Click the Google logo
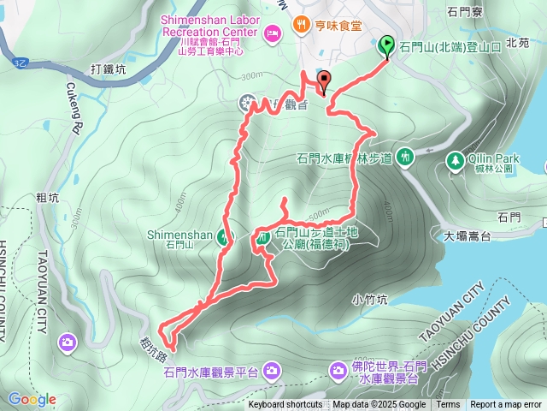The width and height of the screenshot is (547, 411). [32, 399]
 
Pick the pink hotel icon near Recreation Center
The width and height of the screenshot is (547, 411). [273, 33]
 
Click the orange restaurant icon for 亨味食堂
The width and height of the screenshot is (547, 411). [300, 24]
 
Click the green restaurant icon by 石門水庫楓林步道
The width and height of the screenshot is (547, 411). [406, 156]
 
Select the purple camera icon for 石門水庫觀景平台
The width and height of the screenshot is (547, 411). [271, 370]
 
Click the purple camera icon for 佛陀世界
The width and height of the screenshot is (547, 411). [339, 369]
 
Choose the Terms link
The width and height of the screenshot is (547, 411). [448, 405]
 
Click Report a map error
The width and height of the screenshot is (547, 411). [506, 405]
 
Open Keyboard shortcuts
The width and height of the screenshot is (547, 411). [285, 405]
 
